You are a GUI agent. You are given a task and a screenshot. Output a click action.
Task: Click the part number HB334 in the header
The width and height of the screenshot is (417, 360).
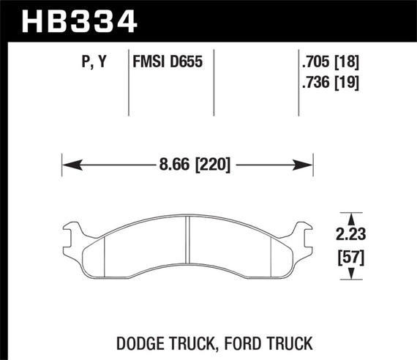pos(80,20)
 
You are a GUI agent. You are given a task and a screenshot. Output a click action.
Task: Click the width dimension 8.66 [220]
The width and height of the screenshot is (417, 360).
pos(188,165)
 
